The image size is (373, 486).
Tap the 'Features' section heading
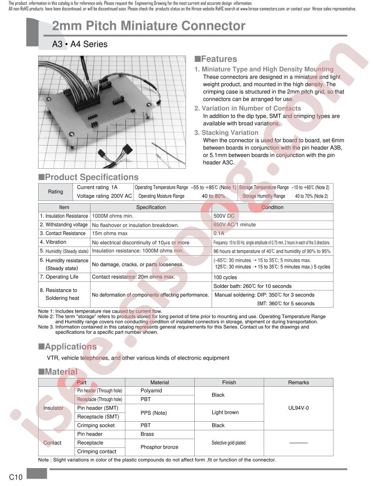click(216, 59)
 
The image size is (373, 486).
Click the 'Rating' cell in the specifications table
click(56, 192)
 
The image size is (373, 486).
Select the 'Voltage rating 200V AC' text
click(104, 196)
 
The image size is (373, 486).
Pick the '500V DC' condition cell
click(224, 216)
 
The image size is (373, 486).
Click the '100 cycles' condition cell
click(225, 277)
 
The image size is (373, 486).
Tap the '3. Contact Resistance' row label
click(62, 234)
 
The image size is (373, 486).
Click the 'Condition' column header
click(273, 207)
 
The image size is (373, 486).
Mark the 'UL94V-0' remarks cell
click(299, 408)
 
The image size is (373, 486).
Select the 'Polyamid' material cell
click(151, 391)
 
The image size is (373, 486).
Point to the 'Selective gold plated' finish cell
click(228, 443)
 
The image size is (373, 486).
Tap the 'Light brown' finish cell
click(225, 412)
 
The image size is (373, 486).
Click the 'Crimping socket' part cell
click(96, 425)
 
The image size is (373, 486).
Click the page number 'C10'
click(16, 477)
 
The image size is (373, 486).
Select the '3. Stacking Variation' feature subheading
click(226, 132)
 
